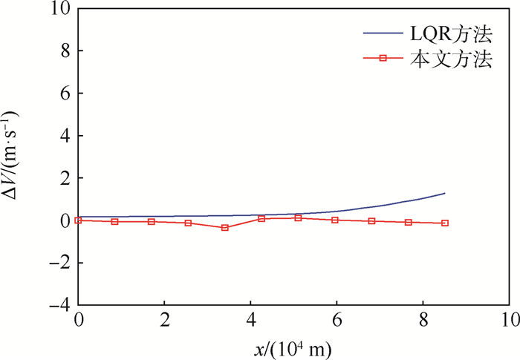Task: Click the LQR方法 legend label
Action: pos(450,34)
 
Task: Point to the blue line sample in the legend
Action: pos(383,34)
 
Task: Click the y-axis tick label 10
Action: pos(60,9)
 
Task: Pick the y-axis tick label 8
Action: pos(65,51)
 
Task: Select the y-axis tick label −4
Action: pos(60,305)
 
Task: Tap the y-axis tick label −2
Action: pos(60,263)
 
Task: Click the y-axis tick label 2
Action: pos(65,178)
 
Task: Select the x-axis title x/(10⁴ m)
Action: pos(293,347)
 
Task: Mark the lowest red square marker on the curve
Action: pos(225,228)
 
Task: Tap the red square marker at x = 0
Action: pos(78,220)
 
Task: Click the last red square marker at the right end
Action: pos(445,223)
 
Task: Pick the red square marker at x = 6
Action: pos(335,220)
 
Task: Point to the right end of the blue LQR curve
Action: pos(445,193)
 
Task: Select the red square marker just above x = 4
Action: pos(261,218)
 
